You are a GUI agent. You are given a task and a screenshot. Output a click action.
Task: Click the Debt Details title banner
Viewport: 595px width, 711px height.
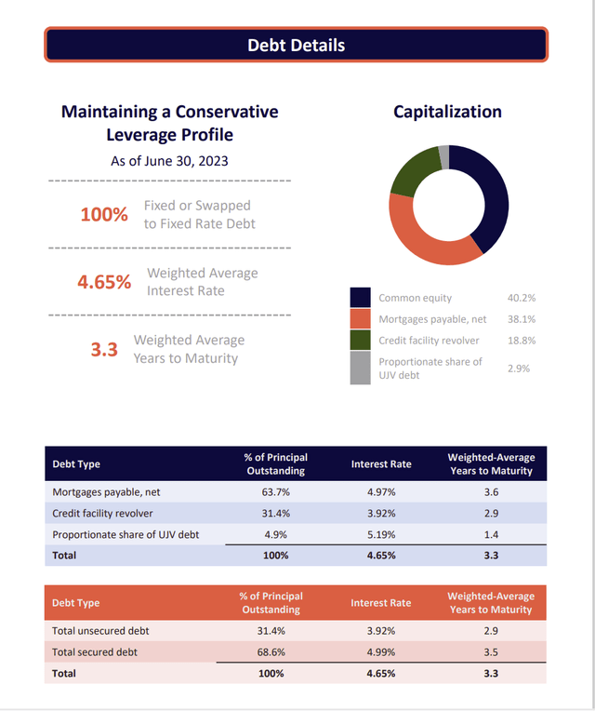[297, 45]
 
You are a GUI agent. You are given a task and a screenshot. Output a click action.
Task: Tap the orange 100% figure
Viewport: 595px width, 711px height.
[104, 214]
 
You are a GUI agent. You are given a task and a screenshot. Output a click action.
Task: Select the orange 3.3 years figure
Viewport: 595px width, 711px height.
[104, 350]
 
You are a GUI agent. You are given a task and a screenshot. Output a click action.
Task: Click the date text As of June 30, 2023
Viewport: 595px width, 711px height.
[169, 161]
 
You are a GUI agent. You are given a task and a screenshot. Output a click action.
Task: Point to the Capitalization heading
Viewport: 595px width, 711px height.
[447, 112]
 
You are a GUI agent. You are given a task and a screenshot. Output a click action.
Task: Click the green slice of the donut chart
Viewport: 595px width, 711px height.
[413, 174]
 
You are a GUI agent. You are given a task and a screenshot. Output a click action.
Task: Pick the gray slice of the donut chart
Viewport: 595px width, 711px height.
[443, 157]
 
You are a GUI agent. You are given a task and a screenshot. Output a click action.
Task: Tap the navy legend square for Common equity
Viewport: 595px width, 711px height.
[360, 298]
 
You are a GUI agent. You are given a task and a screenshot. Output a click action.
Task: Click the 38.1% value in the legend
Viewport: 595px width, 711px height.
[522, 319]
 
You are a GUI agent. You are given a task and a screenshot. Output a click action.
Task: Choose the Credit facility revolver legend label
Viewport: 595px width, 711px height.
[429, 341]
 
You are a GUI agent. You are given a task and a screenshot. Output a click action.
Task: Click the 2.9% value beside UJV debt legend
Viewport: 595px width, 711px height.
[519, 369]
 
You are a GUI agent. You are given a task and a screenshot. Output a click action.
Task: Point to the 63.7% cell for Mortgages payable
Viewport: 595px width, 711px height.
[276, 492]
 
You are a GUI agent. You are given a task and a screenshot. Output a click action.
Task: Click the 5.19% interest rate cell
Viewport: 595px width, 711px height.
[381, 534]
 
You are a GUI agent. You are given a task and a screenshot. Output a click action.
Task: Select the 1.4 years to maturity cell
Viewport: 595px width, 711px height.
[491, 534]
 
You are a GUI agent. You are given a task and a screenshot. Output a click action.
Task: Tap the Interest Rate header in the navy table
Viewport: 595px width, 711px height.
[381, 463]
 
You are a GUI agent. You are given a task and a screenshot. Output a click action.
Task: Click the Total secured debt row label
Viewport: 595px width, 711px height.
[95, 652]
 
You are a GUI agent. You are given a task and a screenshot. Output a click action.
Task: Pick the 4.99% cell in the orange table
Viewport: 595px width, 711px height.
[381, 652]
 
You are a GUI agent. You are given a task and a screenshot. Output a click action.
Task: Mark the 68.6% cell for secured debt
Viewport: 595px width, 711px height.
[271, 652]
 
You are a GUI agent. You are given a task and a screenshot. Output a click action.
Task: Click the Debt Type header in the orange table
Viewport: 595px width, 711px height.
[75, 603]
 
